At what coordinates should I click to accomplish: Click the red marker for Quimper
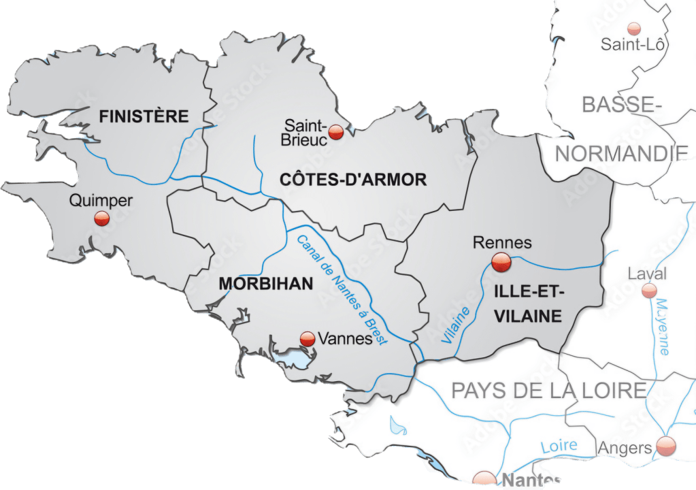point(102,218)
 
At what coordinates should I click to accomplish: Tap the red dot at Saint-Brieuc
point(335,133)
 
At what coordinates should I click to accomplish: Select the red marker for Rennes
point(501,261)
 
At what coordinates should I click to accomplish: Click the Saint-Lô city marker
point(634,29)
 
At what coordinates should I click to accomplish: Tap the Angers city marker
point(666,446)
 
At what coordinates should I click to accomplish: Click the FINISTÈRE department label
point(144,116)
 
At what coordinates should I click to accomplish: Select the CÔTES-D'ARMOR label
point(353,180)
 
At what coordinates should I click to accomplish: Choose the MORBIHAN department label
point(266,284)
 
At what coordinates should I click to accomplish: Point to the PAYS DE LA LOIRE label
point(548,391)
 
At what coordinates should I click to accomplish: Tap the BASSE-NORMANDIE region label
point(622,129)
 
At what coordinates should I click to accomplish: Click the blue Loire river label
point(559,446)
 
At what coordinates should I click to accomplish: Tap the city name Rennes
point(502,242)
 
